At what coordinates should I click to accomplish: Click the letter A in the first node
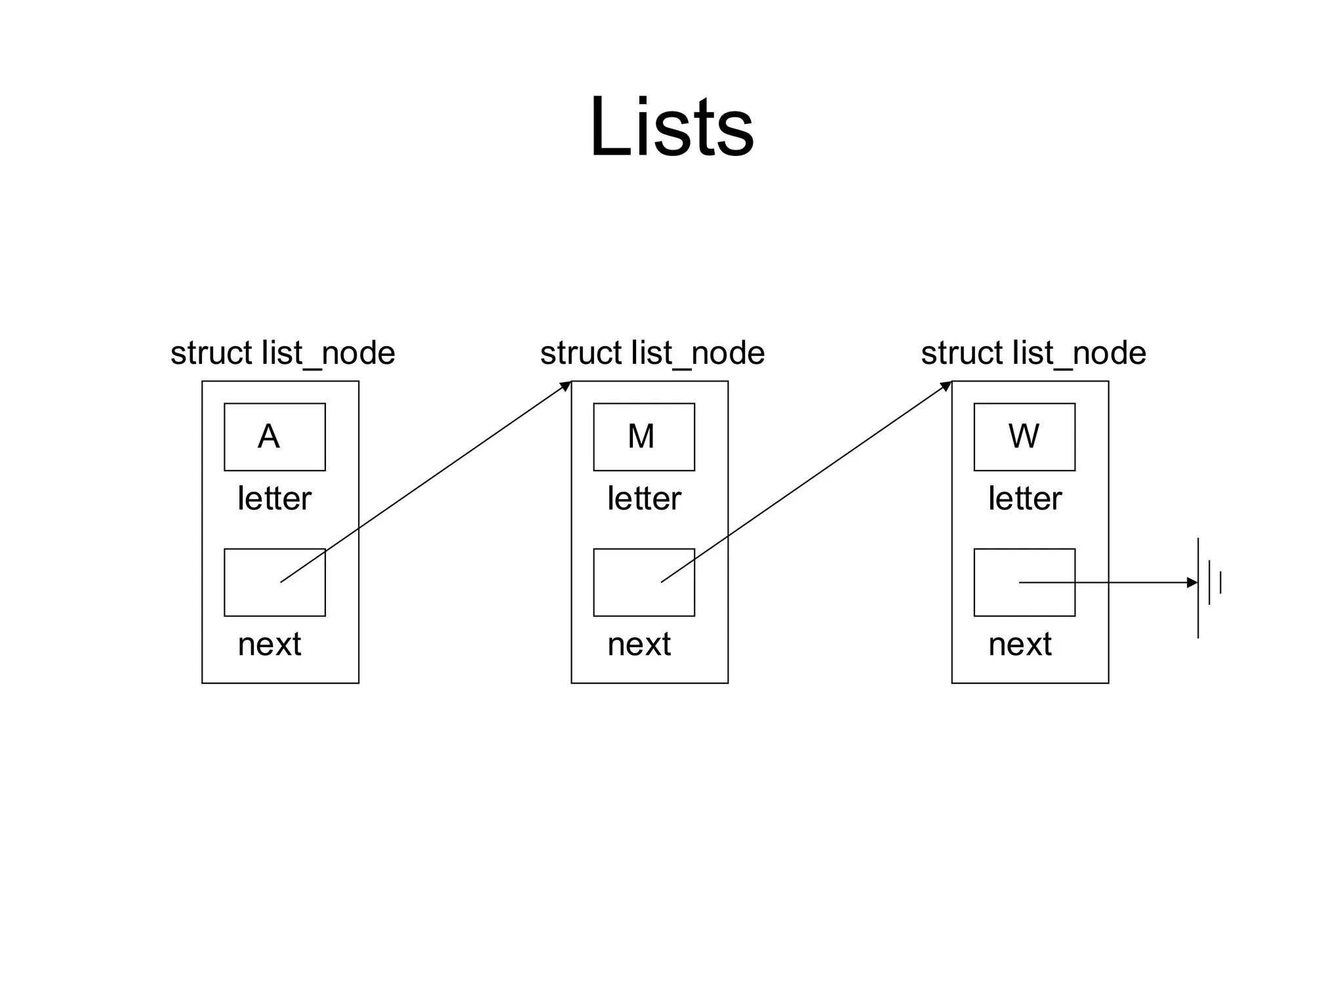tap(269, 436)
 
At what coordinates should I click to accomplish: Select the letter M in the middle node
tap(641, 436)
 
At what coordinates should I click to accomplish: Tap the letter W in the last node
tap(1024, 436)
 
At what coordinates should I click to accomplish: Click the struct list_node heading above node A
tap(283, 353)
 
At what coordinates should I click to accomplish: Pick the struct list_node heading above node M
tap(652, 353)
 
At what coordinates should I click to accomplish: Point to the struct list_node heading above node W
tap(1033, 353)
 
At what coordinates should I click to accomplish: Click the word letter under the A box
tap(274, 498)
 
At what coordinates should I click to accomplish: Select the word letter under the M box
tap(644, 498)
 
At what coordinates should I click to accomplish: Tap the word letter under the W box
tap(1025, 498)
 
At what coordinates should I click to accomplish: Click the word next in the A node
tap(270, 644)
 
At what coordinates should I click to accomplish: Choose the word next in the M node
tap(639, 644)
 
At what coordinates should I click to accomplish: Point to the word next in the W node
tap(1020, 644)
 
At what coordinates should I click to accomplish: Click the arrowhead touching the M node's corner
tap(566, 386)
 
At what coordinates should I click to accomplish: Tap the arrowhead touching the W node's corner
tap(946, 386)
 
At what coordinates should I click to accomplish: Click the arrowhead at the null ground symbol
tap(1192, 582)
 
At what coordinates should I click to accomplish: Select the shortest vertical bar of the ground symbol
tap(1220, 582)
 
